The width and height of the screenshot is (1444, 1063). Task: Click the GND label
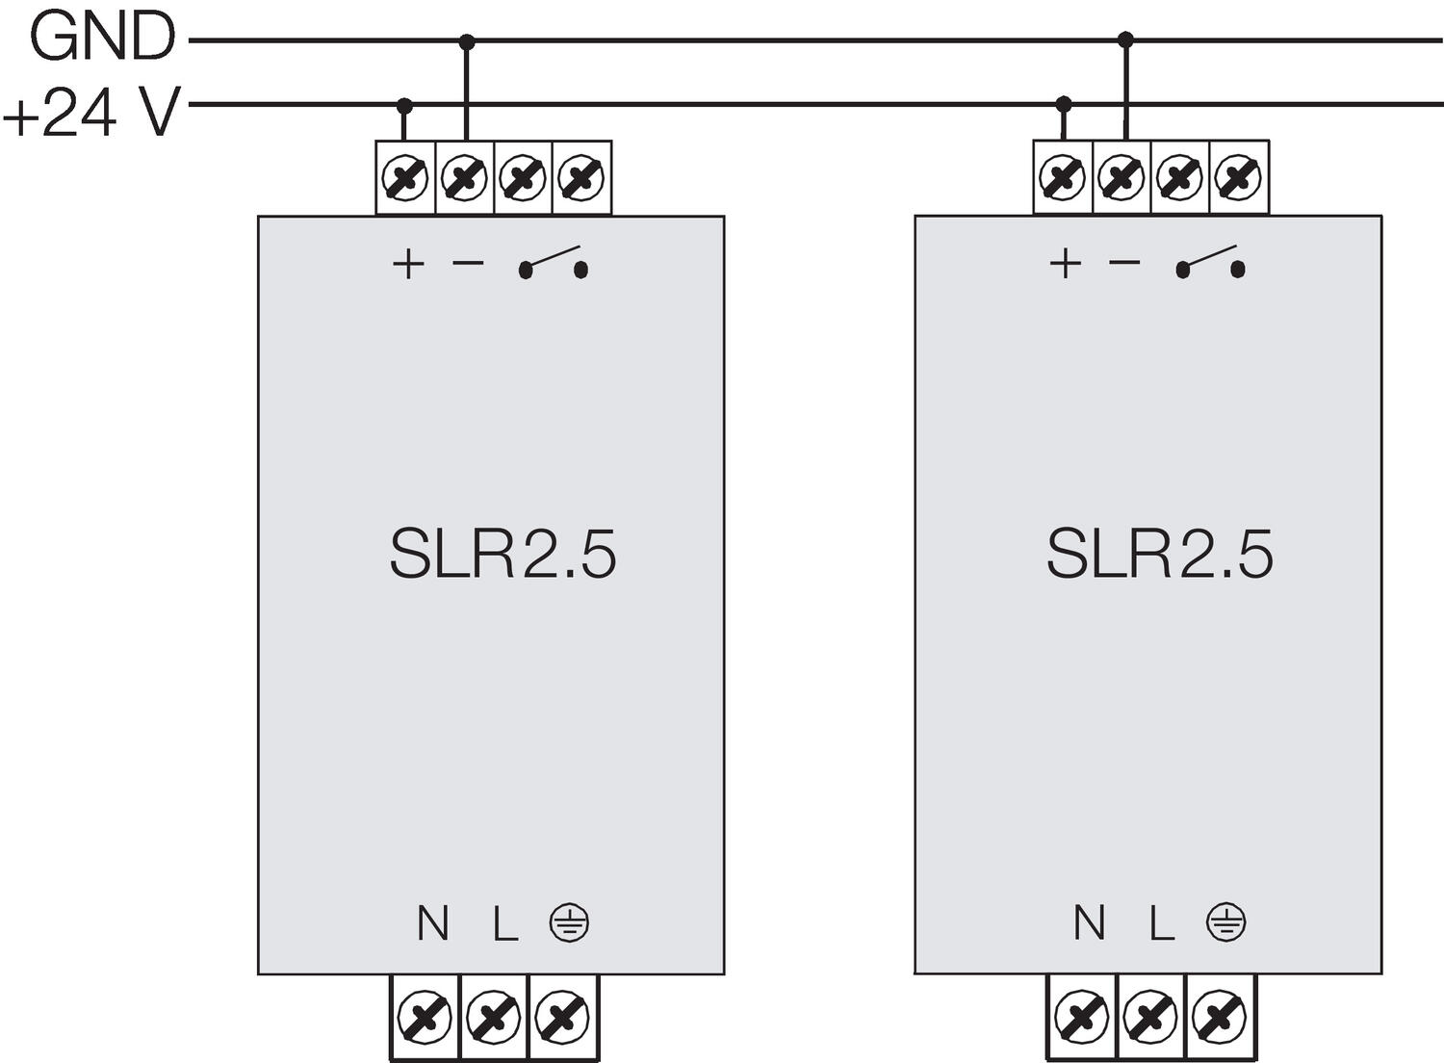[x=102, y=39]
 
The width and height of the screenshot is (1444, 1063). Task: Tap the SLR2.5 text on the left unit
[x=502, y=554]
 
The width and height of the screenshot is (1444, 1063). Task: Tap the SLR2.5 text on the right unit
[x=1159, y=554]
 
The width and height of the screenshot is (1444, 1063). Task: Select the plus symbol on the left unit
[x=408, y=263]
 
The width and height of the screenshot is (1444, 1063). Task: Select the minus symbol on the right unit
[x=1124, y=261]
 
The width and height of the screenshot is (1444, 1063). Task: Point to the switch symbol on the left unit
[x=554, y=263]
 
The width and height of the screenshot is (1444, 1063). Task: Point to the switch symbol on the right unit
[x=1210, y=263]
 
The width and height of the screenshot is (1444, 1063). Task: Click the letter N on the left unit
[x=433, y=924]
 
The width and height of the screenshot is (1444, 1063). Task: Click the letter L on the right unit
[x=1162, y=924]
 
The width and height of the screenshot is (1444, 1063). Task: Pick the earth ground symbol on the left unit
[x=570, y=923]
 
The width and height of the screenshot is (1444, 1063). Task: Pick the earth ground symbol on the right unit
[x=1225, y=923]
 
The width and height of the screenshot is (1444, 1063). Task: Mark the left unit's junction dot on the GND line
[x=467, y=41]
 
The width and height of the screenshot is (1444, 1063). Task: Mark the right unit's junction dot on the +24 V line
[x=1064, y=103]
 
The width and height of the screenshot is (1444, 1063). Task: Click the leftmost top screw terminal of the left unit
[x=405, y=178]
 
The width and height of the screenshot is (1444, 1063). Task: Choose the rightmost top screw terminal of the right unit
[x=1238, y=177]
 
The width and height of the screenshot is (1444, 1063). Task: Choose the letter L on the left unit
[x=505, y=924]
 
